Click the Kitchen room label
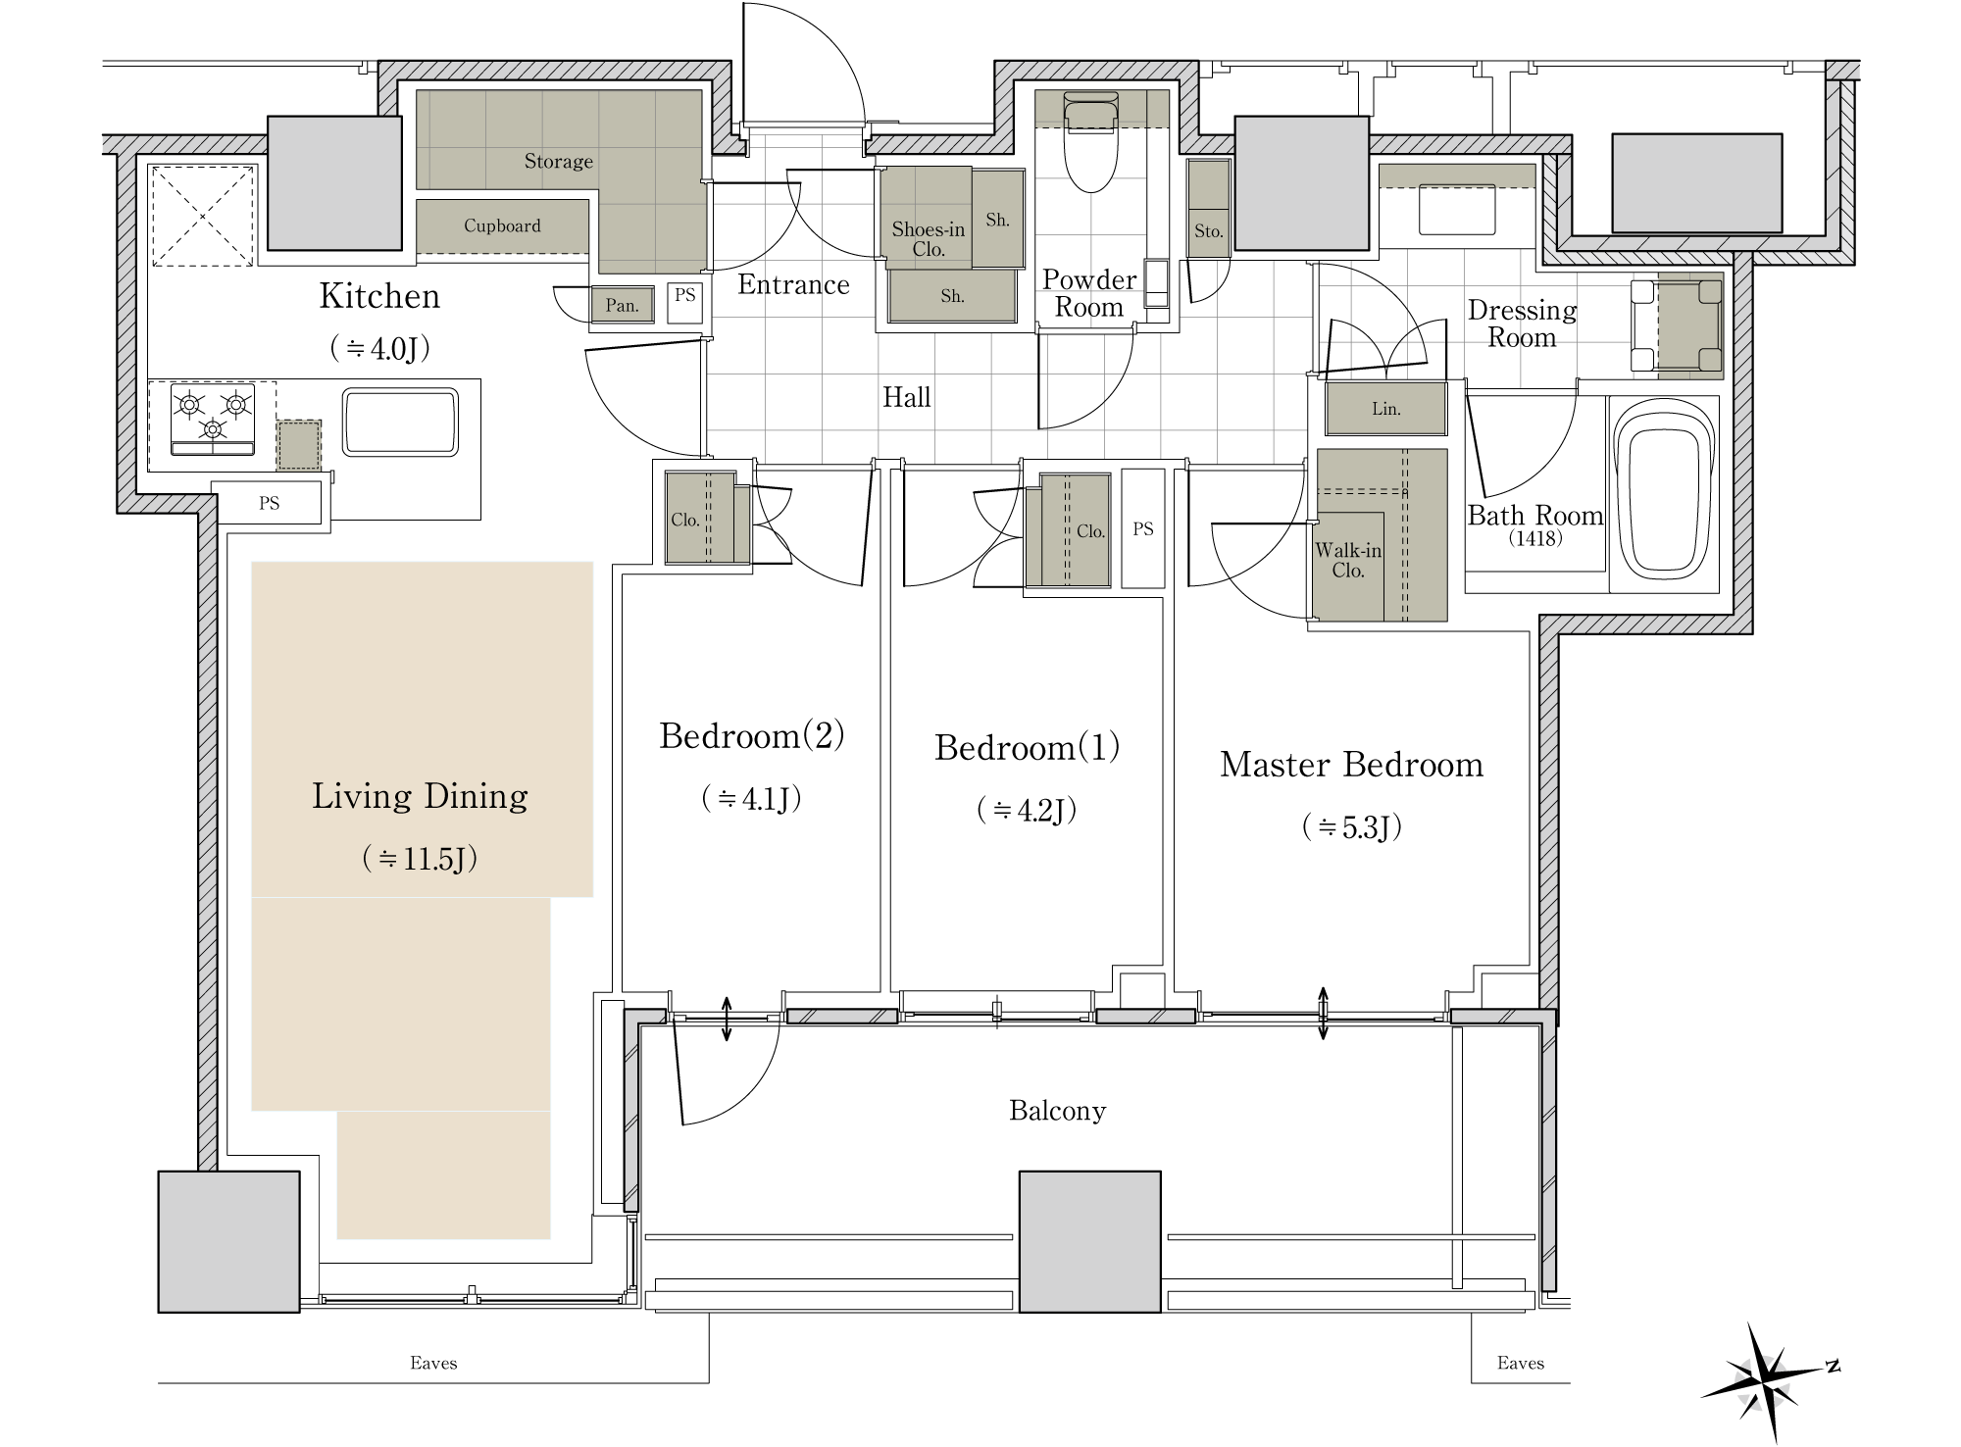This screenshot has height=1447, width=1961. click(x=379, y=296)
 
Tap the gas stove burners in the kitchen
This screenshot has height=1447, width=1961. click(x=213, y=420)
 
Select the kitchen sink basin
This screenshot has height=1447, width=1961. click(x=400, y=423)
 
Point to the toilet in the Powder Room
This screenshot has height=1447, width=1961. click(x=1090, y=143)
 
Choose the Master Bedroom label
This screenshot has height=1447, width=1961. click(x=1351, y=765)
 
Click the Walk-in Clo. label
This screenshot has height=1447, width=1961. click(x=1348, y=561)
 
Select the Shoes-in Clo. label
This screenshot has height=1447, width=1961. click(x=928, y=239)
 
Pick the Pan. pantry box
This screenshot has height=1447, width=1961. click(x=622, y=305)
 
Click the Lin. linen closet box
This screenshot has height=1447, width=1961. click(x=1385, y=409)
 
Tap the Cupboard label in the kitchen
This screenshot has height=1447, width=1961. click(x=502, y=225)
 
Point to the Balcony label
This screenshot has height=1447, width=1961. click(x=1057, y=1111)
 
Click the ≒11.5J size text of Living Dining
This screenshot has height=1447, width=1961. click(x=420, y=859)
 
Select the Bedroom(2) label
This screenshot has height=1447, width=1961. click(x=752, y=735)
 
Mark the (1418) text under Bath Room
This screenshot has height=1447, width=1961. click(x=1535, y=538)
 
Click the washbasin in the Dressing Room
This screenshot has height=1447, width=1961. click(x=1457, y=209)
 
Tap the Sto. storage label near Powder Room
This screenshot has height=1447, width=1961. click(x=1208, y=231)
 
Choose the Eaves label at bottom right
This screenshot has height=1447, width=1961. click(x=1521, y=1363)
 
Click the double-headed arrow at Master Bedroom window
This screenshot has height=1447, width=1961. click(x=1323, y=1013)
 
